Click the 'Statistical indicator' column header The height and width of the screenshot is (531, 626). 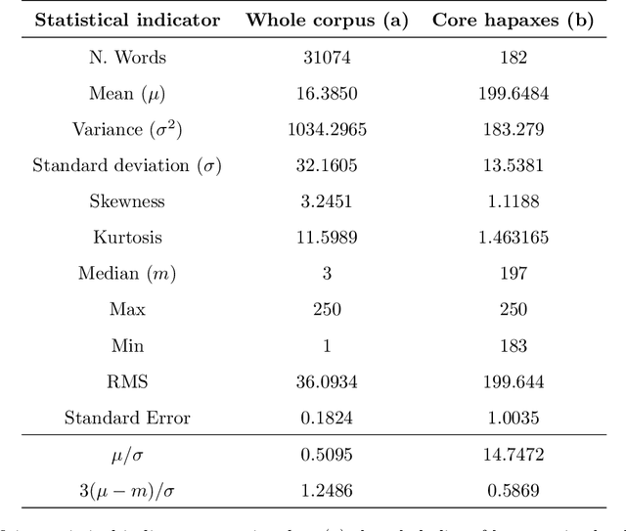tap(127, 21)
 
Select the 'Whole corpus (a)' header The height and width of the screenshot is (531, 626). tap(327, 21)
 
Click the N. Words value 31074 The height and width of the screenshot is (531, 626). tap(327, 58)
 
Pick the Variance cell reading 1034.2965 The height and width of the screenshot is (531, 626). tap(327, 129)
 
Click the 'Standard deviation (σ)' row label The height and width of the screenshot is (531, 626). tap(127, 165)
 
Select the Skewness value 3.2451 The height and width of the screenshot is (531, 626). tap(327, 201)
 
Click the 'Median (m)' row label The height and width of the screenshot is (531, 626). tap(127, 274)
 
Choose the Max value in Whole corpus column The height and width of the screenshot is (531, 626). tap(327, 309)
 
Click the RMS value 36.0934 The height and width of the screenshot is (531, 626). tap(327, 381)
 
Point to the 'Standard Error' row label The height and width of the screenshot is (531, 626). tap(127, 418)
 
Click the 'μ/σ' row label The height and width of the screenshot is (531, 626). tap(127, 455)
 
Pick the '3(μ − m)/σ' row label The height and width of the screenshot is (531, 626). tap(127, 491)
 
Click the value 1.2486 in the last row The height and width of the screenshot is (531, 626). tap(327, 491)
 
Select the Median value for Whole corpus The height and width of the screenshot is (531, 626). tap(327, 274)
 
